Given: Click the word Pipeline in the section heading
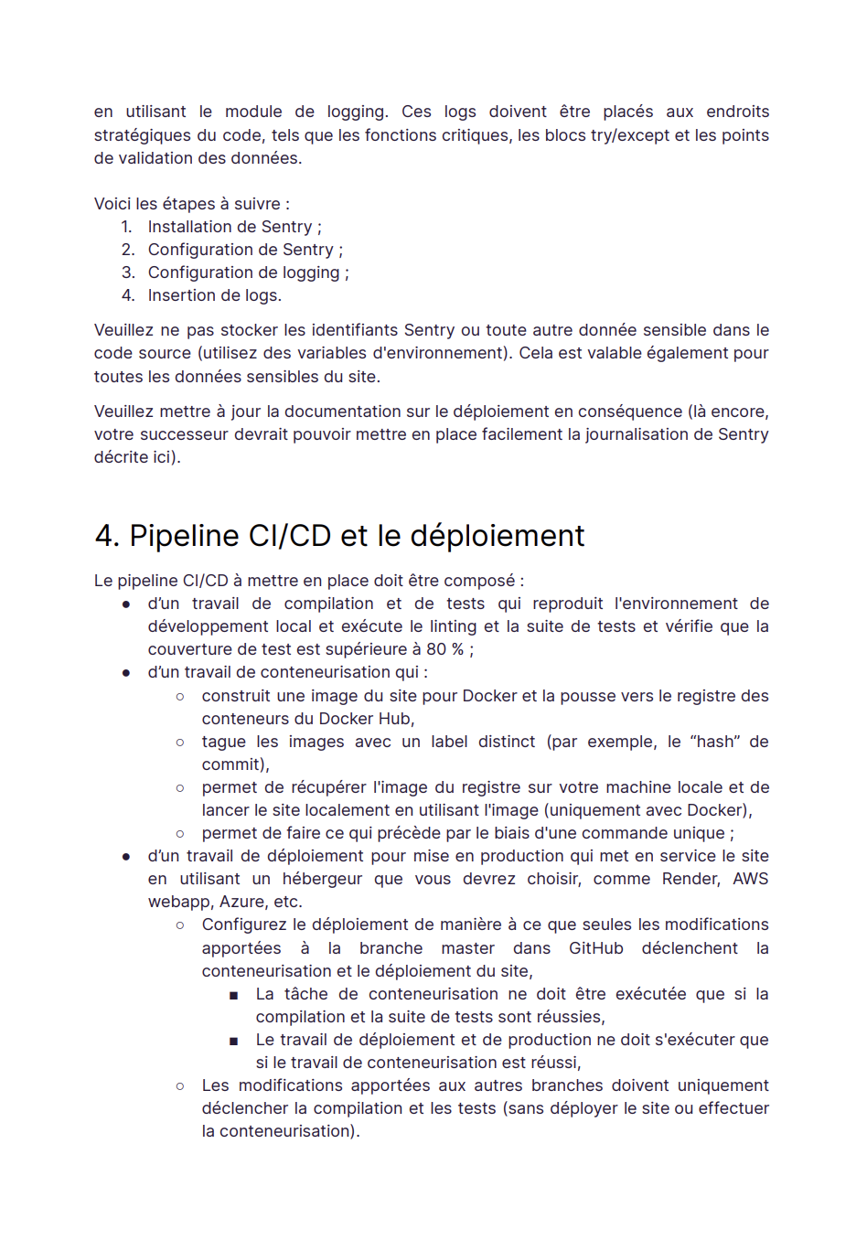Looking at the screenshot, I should [x=184, y=536].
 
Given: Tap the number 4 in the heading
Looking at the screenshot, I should [x=104, y=536].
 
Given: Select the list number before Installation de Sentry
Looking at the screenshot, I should [x=126, y=227].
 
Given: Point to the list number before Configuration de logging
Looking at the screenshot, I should [x=128, y=273].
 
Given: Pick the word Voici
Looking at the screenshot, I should [x=112, y=204].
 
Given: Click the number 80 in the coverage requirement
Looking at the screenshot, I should [x=436, y=649].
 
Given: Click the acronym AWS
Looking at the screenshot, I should [x=750, y=879].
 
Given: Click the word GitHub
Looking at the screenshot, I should [x=595, y=948].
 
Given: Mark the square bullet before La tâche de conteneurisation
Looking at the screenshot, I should [x=234, y=995].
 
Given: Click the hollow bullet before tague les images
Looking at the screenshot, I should [x=180, y=743].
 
